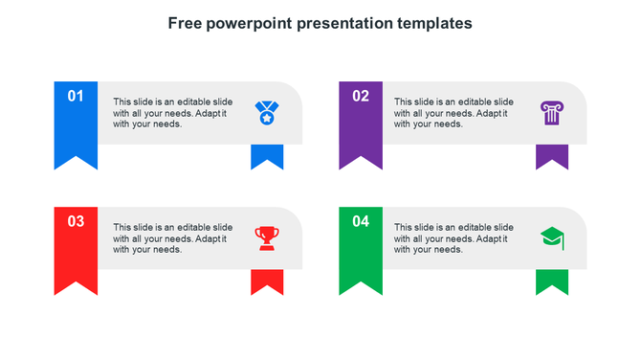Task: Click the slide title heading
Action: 320,22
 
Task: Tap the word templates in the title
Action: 434,22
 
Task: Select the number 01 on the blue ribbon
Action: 76,96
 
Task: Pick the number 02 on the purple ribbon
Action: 361,96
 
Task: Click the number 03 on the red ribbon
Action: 76,221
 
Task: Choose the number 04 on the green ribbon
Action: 361,221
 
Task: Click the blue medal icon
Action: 265,113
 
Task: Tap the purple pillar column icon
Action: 551,112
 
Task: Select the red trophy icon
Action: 267,237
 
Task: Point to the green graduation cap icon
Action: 551,237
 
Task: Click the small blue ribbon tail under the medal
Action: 267,156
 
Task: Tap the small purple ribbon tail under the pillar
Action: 552,156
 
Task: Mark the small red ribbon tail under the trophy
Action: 267,281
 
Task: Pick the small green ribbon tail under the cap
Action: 552,281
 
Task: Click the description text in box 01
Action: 171,112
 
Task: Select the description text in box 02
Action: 453,112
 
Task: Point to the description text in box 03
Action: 171,237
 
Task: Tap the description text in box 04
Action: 453,237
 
